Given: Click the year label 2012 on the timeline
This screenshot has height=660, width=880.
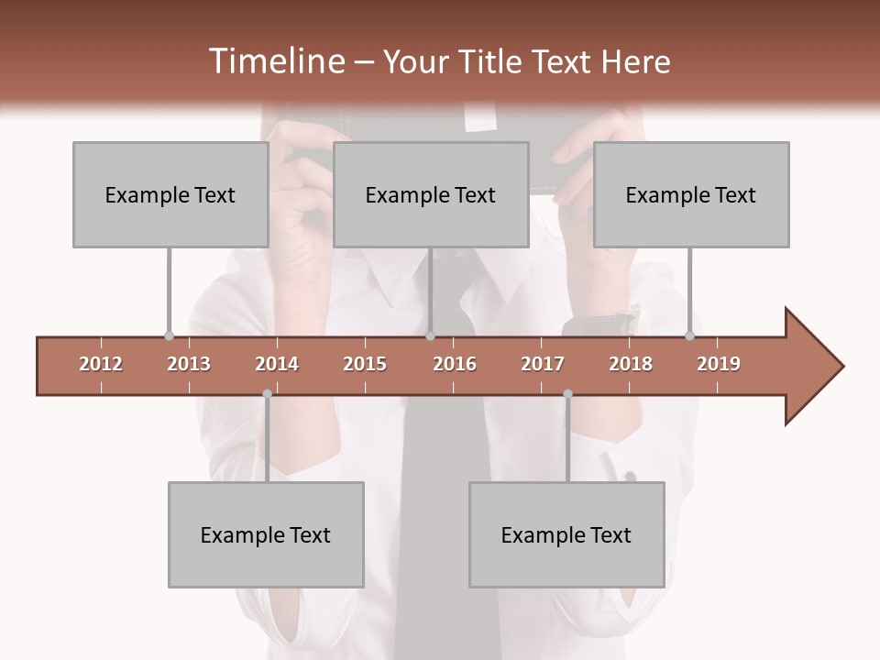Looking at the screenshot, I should point(101,364).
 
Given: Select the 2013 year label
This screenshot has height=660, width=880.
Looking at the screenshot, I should point(189,364).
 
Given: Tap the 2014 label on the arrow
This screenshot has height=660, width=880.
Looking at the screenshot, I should point(277,364).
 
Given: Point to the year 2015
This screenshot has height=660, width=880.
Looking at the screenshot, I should point(365,364).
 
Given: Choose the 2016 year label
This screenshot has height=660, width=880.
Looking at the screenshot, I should point(455,364).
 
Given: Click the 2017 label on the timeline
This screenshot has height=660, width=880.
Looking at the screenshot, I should point(543,364).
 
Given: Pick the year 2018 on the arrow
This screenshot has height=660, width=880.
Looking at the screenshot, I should point(631,364).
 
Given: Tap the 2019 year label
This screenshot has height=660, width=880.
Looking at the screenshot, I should point(719,364).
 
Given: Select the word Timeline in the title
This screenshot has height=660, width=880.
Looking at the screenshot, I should point(275,61).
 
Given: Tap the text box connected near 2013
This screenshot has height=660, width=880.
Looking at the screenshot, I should point(170,194).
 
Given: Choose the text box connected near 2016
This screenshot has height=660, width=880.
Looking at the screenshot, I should point(431,194).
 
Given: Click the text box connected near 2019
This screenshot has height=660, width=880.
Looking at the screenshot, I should point(691,194).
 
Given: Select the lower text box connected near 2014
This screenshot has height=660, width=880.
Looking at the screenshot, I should point(266,534).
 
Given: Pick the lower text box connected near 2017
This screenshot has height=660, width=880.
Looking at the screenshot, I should point(566,534).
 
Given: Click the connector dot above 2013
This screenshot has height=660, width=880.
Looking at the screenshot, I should point(169,335).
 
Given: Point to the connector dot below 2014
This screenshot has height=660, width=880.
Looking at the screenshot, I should point(267,394).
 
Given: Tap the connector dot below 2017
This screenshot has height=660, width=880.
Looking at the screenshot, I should point(567,394).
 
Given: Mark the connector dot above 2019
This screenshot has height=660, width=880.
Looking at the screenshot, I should point(689,335).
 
